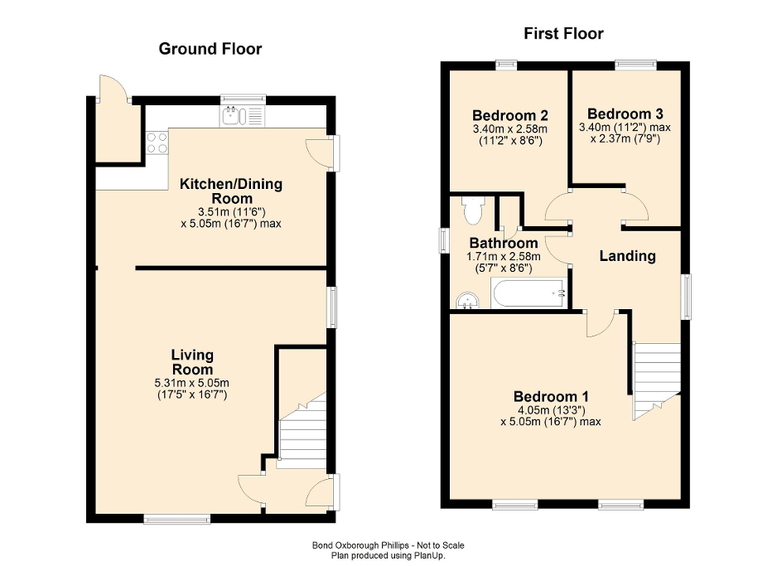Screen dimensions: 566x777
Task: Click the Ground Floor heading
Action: [210, 49]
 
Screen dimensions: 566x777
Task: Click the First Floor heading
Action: [563, 34]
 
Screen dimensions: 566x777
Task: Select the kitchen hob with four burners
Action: [157, 144]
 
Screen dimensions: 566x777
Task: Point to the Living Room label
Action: [192, 362]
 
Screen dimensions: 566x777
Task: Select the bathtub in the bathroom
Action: [528, 293]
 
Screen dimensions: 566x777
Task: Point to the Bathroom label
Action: [503, 244]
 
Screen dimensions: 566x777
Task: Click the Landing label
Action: [627, 256]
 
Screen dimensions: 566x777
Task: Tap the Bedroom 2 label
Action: [509, 115]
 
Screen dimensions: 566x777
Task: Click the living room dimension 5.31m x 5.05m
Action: [192, 382]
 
